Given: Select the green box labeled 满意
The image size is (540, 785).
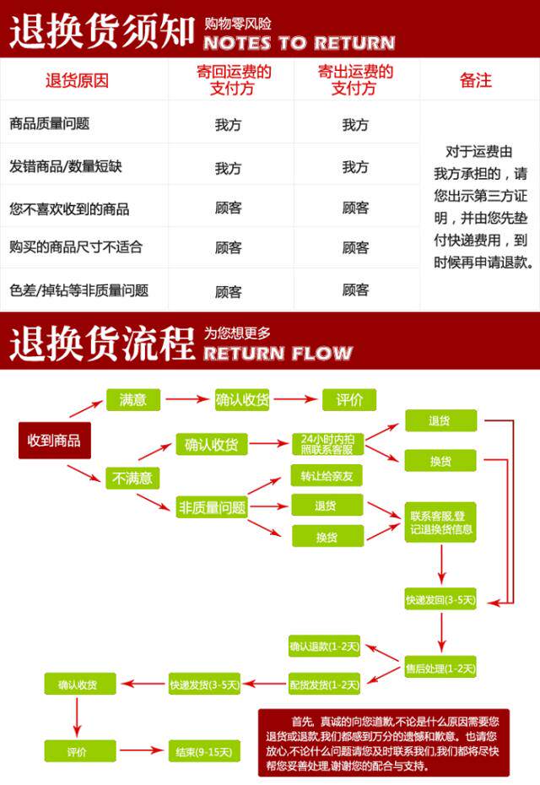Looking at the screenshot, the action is pos(132,400).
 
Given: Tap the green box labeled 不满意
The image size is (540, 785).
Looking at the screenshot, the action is pos(132,478).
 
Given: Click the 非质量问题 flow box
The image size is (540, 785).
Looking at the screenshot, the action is pos(211,507).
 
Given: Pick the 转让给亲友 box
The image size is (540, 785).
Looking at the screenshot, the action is pos(327,476).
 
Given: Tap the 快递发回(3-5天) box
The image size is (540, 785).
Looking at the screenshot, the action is pos(440,600).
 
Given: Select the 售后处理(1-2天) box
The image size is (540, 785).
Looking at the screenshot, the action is pos(440,669).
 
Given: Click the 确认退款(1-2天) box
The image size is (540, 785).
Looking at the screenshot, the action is pos(324,647).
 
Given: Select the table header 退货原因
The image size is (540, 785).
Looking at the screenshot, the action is pos(78,81).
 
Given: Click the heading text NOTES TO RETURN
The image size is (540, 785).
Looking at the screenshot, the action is pos(299,42).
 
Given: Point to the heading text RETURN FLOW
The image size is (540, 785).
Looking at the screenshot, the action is pos(278,352).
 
